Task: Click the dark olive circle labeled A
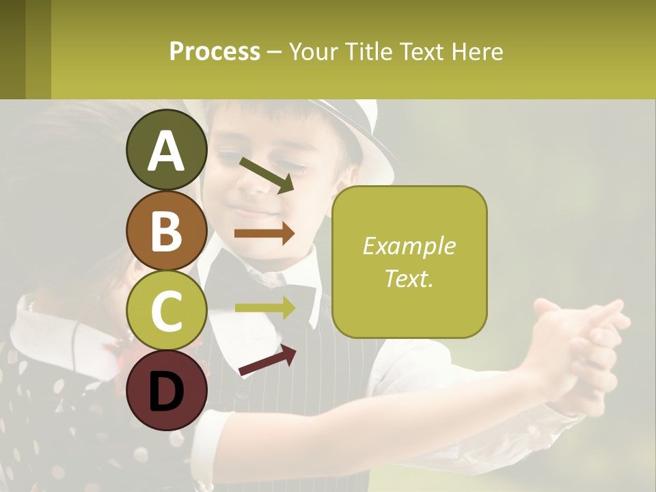click(166, 150)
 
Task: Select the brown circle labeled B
click(166, 230)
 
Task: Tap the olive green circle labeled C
click(166, 310)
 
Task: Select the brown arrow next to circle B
click(264, 234)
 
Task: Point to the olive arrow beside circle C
click(264, 307)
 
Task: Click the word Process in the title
click(215, 51)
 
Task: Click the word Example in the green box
click(409, 246)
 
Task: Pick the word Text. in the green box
click(409, 278)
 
